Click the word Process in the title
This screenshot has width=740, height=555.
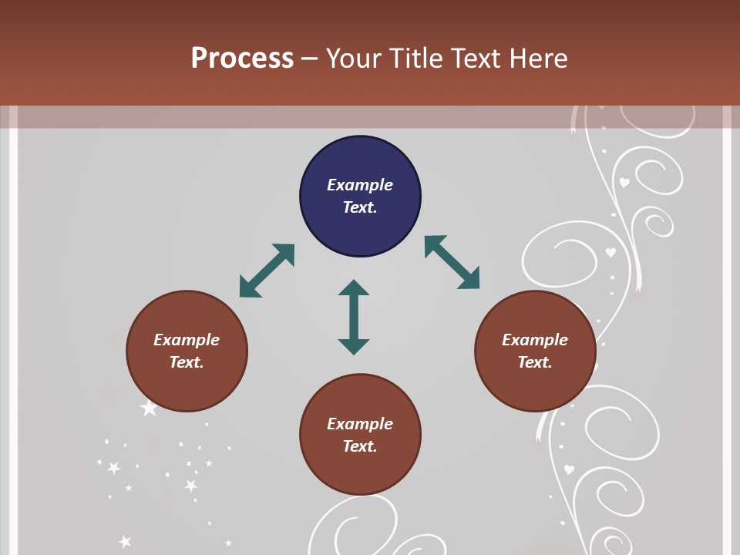242,59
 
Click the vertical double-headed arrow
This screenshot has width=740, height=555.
354,317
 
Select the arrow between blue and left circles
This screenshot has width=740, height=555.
267,271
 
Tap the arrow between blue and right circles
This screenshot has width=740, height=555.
452,262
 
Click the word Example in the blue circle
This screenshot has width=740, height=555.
360,185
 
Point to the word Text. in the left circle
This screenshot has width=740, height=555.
187,362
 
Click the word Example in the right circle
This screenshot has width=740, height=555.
535,340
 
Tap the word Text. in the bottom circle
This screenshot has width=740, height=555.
360,446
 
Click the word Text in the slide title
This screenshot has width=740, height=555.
474,59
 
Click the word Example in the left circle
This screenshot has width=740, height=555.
187,340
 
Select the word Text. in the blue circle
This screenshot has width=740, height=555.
360,207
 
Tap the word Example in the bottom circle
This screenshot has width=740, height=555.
360,424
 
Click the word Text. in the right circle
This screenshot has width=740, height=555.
535,362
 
